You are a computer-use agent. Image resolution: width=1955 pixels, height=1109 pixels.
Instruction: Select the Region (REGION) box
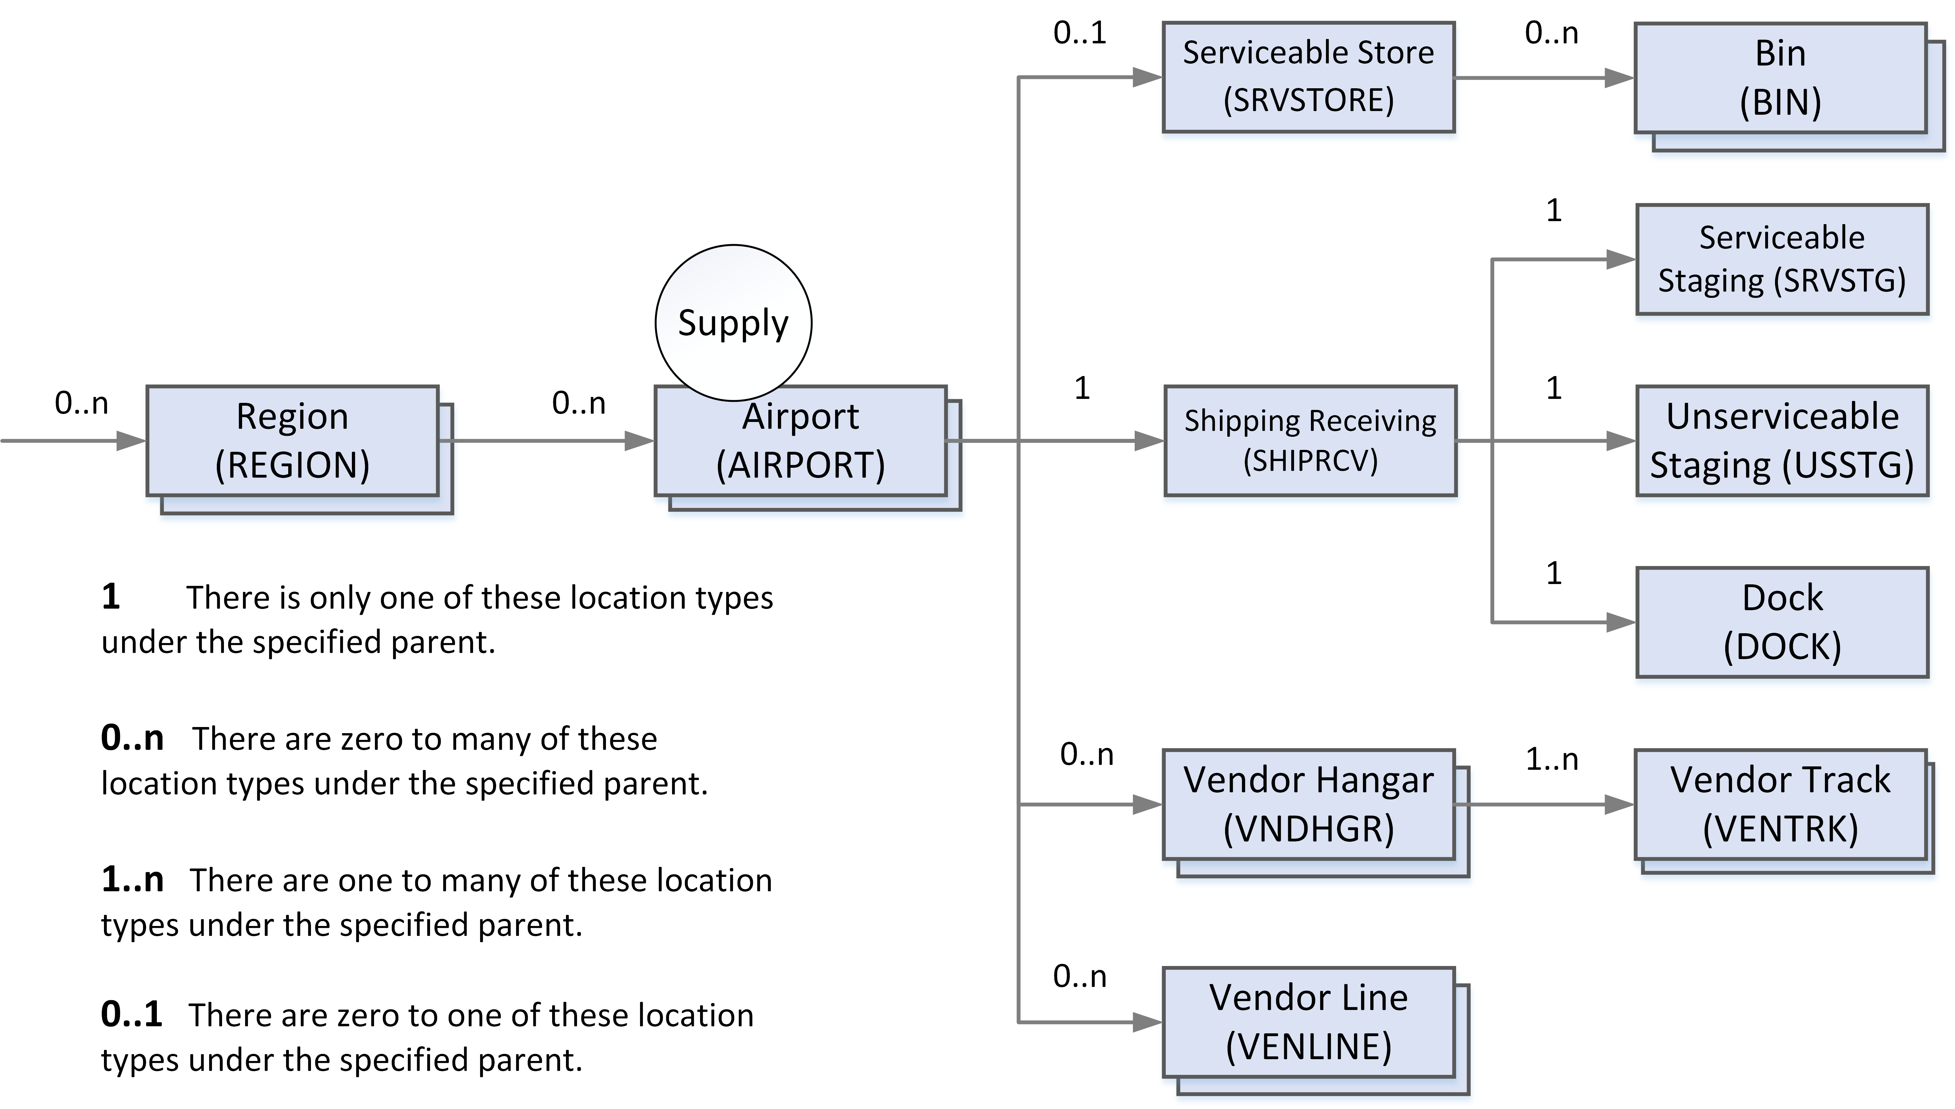point(293,441)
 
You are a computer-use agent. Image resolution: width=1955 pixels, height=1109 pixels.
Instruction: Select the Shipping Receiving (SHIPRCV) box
point(1310,441)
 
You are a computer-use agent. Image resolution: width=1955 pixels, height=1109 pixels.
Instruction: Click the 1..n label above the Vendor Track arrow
point(1551,759)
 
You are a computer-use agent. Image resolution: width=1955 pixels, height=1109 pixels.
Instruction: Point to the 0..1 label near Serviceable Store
point(1079,33)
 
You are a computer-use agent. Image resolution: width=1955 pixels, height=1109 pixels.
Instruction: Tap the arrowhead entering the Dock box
point(1621,622)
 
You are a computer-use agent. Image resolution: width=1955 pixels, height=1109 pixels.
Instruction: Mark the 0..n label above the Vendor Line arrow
point(1079,976)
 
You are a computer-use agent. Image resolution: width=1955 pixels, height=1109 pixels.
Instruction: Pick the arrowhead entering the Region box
point(131,441)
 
